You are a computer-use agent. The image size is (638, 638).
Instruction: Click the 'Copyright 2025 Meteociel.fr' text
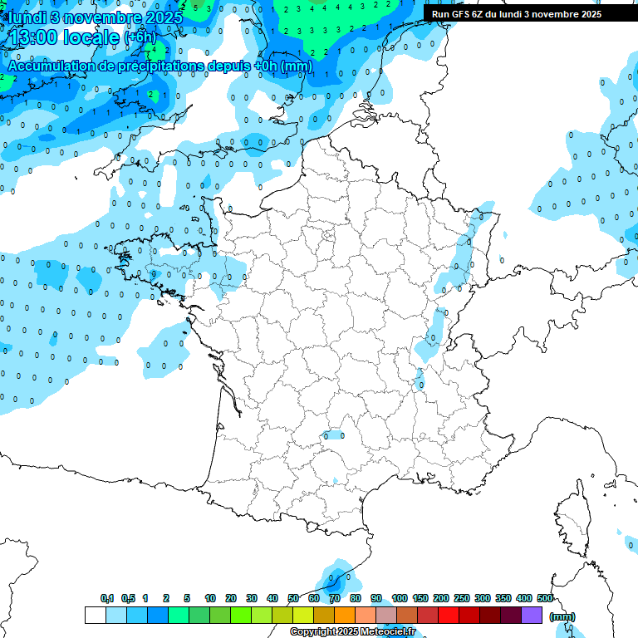(x=352, y=632)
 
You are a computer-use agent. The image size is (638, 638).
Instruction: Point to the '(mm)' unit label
(x=562, y=616)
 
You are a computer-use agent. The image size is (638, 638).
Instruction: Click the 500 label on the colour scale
(x=545, y=598)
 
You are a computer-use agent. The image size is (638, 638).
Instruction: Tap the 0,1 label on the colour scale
(x=107, y=598)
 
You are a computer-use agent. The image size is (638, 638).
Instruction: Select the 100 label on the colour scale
(x=400, y=598)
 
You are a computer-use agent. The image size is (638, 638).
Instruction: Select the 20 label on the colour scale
(x=231, y=598)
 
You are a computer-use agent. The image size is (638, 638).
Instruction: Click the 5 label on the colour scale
(x=188, y=598)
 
